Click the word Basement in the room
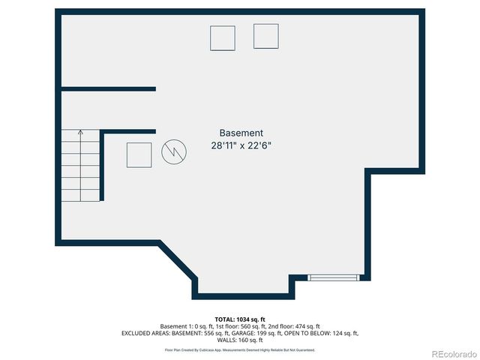click(x=241, y=133)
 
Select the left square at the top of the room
click(x=223, y=38)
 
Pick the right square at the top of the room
click(x=265, y=36)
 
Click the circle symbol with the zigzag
click(x=173, y=153)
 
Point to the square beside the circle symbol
click(x=139, y=154)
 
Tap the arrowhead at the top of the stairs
click(x=81, y=132)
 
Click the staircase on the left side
click(x=81, y=166)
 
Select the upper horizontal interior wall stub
click(x=108, y=89)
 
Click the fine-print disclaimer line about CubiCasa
click(x=239, y=349)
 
